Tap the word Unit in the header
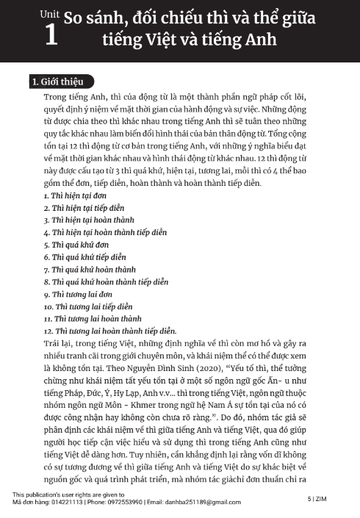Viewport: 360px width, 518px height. point(49,12)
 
